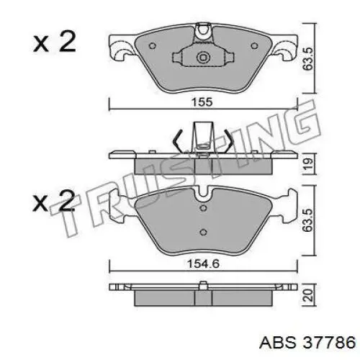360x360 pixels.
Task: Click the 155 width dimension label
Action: click(202, 102)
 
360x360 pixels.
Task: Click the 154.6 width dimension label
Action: click(203, 264)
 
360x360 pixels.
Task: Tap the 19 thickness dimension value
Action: click(308, 163)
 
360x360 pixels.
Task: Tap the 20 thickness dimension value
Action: click(308, 295)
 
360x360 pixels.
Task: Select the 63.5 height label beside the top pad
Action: click(308, 59)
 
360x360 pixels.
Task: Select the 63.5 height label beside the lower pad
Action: click(308, 220)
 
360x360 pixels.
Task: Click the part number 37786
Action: click(329, 342)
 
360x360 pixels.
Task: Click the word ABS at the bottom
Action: click(278, 342)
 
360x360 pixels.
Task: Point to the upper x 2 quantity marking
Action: click(55, 42)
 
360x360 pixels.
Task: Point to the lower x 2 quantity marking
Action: click(54, 202)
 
